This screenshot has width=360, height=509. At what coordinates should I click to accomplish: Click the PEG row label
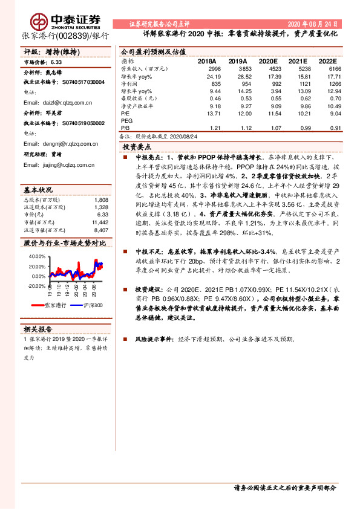pyautogui.click(x=127, y=120)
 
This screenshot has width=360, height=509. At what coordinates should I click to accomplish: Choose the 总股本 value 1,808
pyautogui.click(x=101, y=199)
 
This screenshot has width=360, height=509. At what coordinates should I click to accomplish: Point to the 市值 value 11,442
pyautogui.click(x=100, y=222)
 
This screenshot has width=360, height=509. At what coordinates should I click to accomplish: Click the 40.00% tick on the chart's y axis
pyautogui.click(x=37, y=256)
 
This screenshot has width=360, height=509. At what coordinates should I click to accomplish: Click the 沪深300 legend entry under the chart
pyautogui.click(x=90, y=306)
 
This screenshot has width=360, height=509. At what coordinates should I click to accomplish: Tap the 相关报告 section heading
pyautogui.click(x=38, y=330)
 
